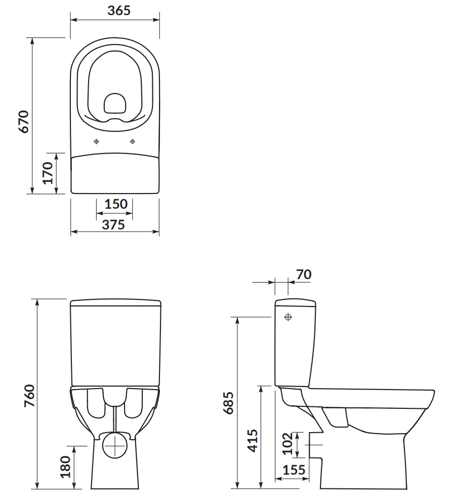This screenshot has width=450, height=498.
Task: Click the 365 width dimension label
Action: (119, 11)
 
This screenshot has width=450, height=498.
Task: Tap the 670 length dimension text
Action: (23, 122)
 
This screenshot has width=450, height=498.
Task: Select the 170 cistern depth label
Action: (48, 173)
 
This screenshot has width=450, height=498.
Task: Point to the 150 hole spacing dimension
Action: (116, 204)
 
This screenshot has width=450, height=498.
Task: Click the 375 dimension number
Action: (113, 225)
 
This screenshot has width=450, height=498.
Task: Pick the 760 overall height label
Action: (29, 396)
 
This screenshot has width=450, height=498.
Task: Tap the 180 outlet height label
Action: (65, 467)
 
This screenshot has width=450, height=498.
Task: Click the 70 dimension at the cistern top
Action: (304, 275)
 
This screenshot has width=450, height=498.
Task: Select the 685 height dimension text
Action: (228, 403)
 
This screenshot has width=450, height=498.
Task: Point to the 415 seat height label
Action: (253, 441)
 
